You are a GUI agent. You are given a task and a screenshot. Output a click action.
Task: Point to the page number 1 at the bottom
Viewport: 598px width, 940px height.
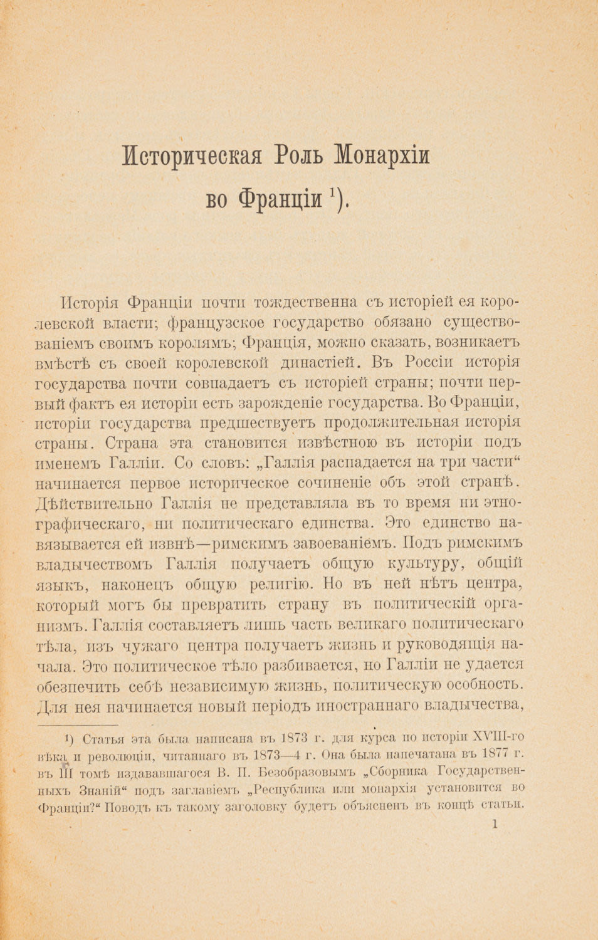click(495, 825)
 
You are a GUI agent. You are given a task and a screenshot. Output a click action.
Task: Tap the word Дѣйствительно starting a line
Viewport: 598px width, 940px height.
click(96, 504)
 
